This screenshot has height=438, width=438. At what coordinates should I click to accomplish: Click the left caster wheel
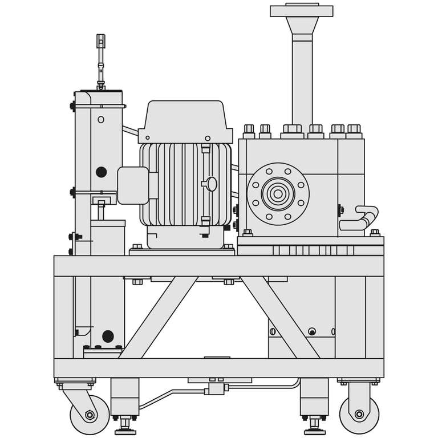(90, 415)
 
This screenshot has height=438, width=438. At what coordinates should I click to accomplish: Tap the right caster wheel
(359, 414)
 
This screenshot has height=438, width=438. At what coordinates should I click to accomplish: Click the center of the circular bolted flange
(278, 194)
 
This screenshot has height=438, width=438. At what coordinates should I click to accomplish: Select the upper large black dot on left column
(101, 172)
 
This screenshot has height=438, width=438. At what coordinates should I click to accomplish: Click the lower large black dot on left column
(108, 336)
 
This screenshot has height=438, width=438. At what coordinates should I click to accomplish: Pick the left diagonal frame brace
(159, 317)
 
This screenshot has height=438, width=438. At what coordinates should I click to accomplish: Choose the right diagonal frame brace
(279, 317)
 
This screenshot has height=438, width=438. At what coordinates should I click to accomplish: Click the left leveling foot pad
(125, 432)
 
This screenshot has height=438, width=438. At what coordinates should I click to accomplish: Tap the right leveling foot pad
(314, 432)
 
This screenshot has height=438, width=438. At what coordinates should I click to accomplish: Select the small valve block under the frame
(216, 388)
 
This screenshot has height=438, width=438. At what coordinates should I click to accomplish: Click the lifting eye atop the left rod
(101, 41)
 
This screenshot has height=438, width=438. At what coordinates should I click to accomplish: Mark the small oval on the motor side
(212, 184)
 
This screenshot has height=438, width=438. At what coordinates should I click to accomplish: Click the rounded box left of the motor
(133, 185)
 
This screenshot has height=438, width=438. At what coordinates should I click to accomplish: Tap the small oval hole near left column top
(101, 120)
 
